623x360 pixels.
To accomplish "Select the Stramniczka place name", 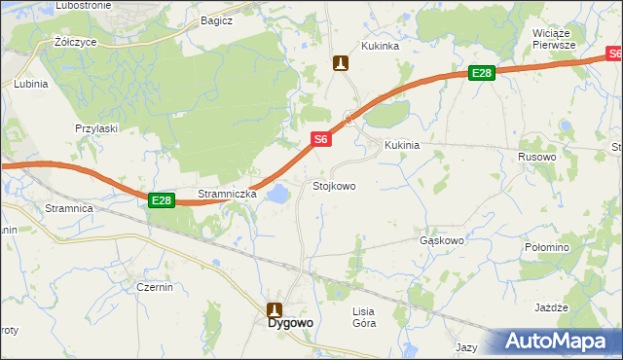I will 227,194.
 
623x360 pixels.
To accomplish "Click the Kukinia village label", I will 402,145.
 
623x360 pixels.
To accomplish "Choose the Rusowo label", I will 537,156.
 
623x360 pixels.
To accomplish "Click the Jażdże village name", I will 551,307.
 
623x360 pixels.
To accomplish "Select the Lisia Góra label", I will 363,316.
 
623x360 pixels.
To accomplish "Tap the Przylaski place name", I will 96,127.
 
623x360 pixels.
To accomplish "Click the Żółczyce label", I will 73,43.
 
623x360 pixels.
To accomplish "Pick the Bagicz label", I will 216,19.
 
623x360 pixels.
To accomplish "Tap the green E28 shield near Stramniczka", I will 162,200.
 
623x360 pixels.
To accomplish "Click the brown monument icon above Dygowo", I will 275,309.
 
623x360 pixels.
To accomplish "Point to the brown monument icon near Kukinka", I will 340,63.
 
